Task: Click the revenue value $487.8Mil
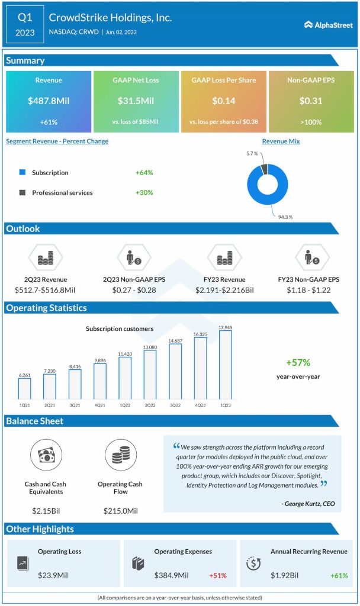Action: [49, 101]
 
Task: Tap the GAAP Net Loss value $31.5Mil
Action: [136, 101]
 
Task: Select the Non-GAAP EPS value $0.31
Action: [310, 101]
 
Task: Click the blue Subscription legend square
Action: [22, 173]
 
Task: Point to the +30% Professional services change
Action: [144, 192]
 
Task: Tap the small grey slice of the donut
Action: [263, 169]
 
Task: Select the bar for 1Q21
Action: [24, 388]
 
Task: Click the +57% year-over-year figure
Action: [298, 363]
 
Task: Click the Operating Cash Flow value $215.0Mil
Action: [121, 510]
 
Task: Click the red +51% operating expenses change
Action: [217, 575]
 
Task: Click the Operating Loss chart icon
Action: [22, 563]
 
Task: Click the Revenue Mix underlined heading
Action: [281, 141]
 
